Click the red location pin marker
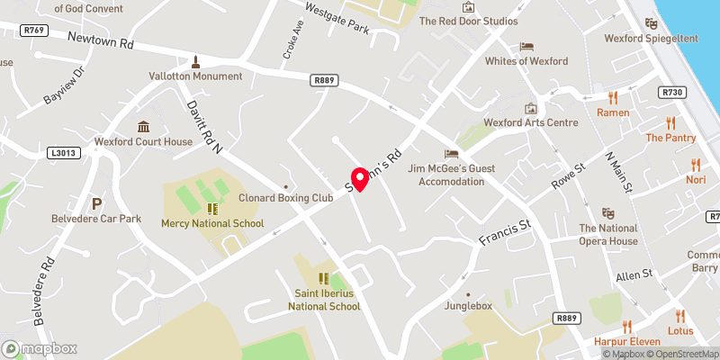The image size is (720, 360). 360,179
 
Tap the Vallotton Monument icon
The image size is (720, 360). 194,62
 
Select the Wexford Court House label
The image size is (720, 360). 144,142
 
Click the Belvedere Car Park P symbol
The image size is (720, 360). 95,203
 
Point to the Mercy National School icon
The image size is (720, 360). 212,209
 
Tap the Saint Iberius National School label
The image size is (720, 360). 324,300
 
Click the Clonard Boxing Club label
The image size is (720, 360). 285,198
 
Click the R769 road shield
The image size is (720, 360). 35,30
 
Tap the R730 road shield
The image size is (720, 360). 671,92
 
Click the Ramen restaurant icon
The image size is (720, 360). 614,98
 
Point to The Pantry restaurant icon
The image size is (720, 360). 670,123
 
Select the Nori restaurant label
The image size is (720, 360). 695,180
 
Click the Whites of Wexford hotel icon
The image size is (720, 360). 526,47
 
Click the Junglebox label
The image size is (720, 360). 468,306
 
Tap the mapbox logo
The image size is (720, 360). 40,348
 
